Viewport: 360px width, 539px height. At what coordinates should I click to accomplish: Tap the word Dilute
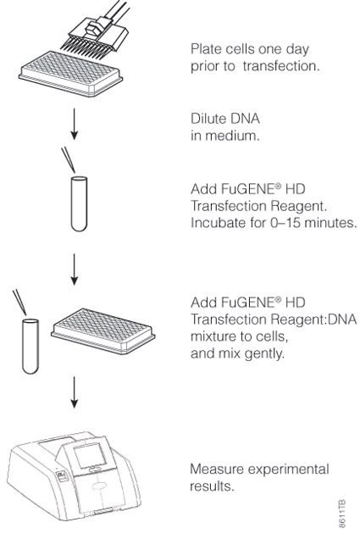[208, 119]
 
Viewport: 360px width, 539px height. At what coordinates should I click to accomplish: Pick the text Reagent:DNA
[313, 320]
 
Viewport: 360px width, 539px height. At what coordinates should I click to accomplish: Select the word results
[212, 486]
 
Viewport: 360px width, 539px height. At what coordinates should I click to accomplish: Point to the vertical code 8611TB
[342, 514]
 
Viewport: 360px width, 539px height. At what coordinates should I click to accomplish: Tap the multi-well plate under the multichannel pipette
[71, 74]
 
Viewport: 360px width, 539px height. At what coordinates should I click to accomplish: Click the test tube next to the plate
[30, 346]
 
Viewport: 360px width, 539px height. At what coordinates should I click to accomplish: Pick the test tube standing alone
[79, 203]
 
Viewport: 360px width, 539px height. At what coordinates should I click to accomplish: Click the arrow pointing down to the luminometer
[74, 392]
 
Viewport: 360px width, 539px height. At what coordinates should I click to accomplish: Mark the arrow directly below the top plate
[74, 124]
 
